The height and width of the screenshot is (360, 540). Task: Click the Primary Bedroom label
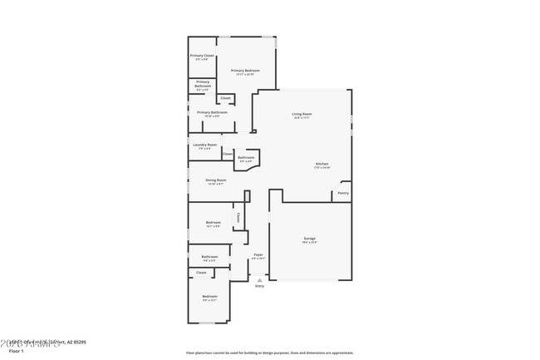(x=245, y=71)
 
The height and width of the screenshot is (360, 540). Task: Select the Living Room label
(x=302, y=114)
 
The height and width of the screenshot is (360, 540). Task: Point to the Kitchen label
(x=322, y=164)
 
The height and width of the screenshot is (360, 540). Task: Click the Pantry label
(x=342, y=193)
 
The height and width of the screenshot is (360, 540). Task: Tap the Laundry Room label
(x=204, y=145)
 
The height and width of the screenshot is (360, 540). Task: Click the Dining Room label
(x=215, y=180)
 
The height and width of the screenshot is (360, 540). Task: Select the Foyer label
(x=258, y=255)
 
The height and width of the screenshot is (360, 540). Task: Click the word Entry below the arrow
(x=259, y=286)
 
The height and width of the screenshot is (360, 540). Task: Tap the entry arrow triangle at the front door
(x=259, y=280)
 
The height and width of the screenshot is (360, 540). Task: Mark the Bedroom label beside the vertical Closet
(x=214, y=222)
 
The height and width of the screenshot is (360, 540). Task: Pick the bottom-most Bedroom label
(x=209, y=297)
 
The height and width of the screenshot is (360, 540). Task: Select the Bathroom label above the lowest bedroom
(x=209, y=257)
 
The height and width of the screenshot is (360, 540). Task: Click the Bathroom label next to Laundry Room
(x=246, y=157)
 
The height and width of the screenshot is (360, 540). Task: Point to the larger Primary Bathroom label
(x=212, y=112)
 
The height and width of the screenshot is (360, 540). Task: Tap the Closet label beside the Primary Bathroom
(x=225, y=98)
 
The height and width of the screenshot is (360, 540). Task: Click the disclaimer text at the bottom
(x=269, y=353)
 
